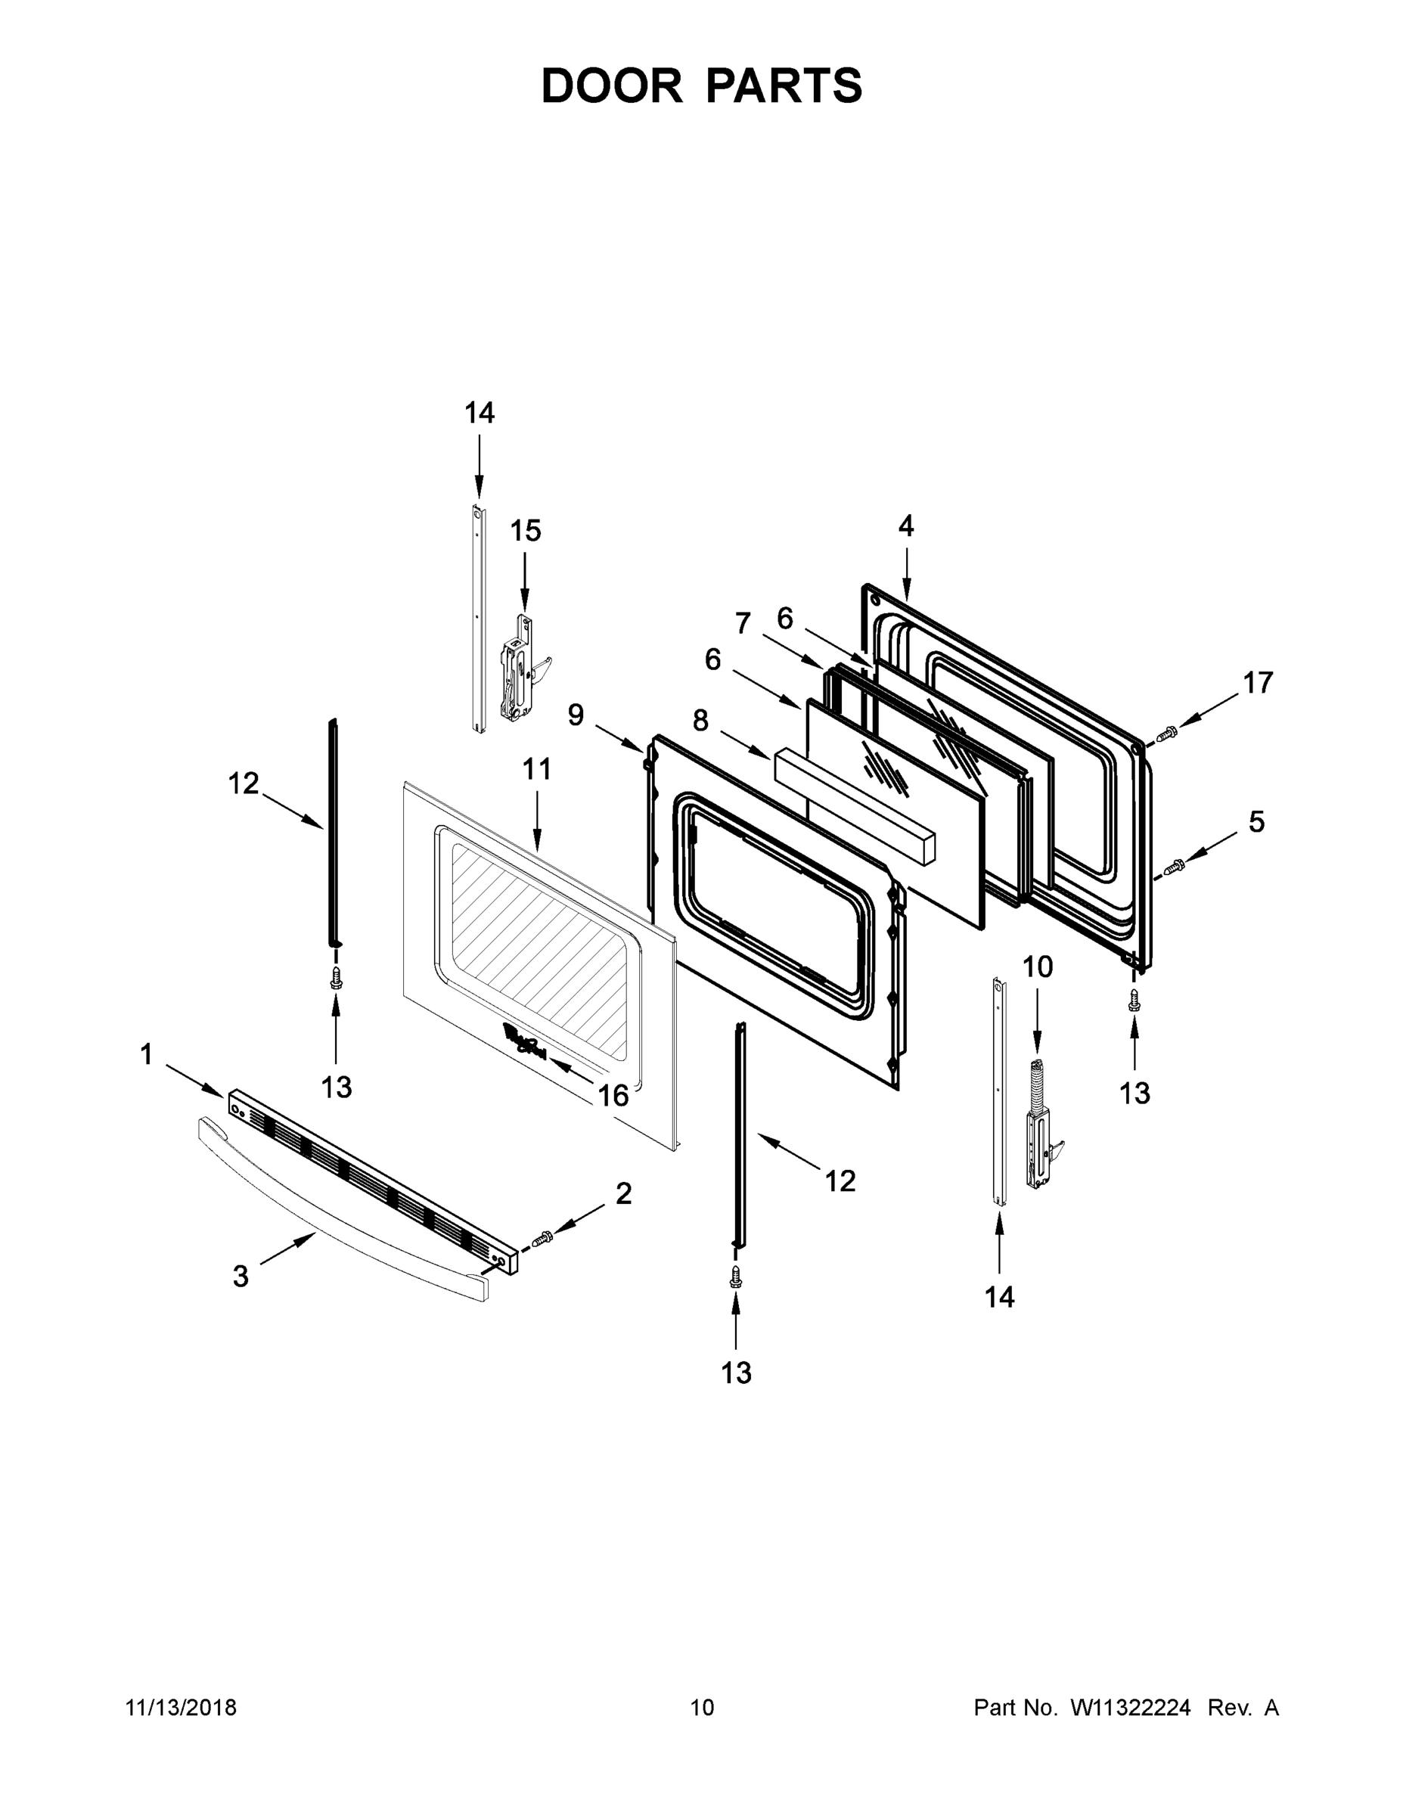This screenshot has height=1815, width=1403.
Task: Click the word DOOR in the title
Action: click(x=612, y=85)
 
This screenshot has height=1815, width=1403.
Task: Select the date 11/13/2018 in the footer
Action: click(x=182, y=1707)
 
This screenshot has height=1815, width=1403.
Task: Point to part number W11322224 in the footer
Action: click(x=1131, y=1707)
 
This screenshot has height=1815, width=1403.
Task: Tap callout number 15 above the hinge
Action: click(x=526, y=530)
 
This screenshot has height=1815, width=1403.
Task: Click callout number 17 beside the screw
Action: click(x=1258, y=682)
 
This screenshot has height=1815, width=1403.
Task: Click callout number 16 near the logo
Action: click(x=613, y=1095)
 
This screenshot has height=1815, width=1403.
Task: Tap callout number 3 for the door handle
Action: click(x=241, y=1276)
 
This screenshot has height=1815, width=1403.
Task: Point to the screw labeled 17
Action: click(x=1168, y=732)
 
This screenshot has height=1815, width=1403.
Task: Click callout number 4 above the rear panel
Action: click(x=905, y=526)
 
